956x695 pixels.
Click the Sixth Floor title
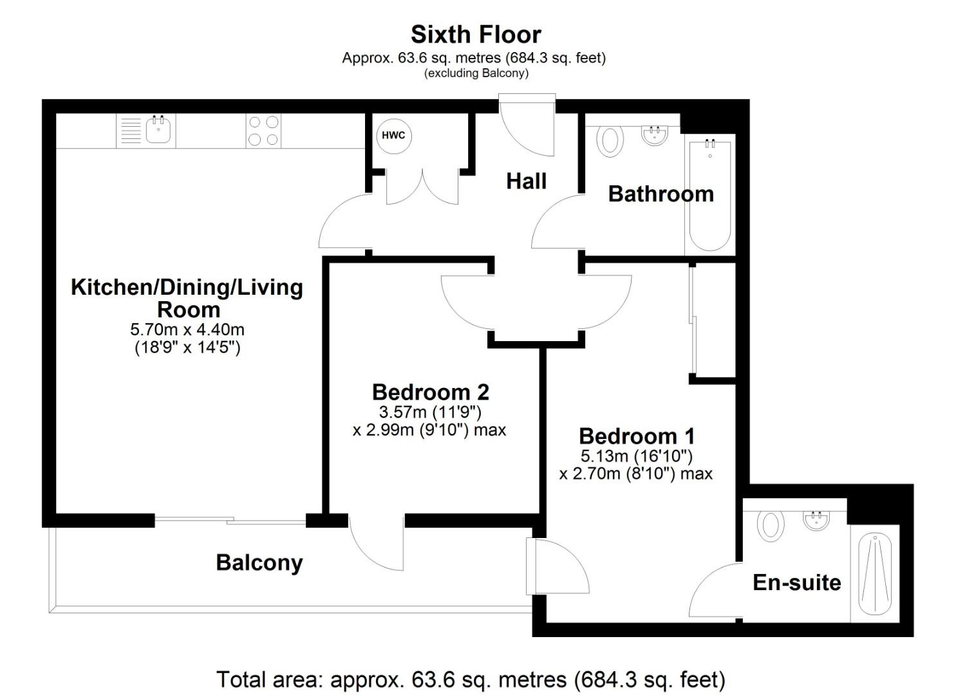tap(476, 34)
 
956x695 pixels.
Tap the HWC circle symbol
tap(393, 135)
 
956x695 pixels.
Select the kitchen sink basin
tap(158, 131)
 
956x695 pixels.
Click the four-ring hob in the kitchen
tap(263, 131)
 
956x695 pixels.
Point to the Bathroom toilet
tap(610, 140)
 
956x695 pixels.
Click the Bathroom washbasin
tap(655, 135)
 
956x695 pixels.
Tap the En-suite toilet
tap(770, 524)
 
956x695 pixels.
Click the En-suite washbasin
tap(816, 520)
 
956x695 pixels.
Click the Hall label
tap(526, 181)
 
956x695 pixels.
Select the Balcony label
tap(259, 562)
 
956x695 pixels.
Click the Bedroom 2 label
tap(430, 392)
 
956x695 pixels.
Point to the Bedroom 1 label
tap(636, 436)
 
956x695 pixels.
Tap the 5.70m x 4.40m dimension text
tap(187, 330)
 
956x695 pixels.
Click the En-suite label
tap(796, 582)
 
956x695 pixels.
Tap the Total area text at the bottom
tap(471, 680)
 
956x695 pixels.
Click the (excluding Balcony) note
tap(476, 73)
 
